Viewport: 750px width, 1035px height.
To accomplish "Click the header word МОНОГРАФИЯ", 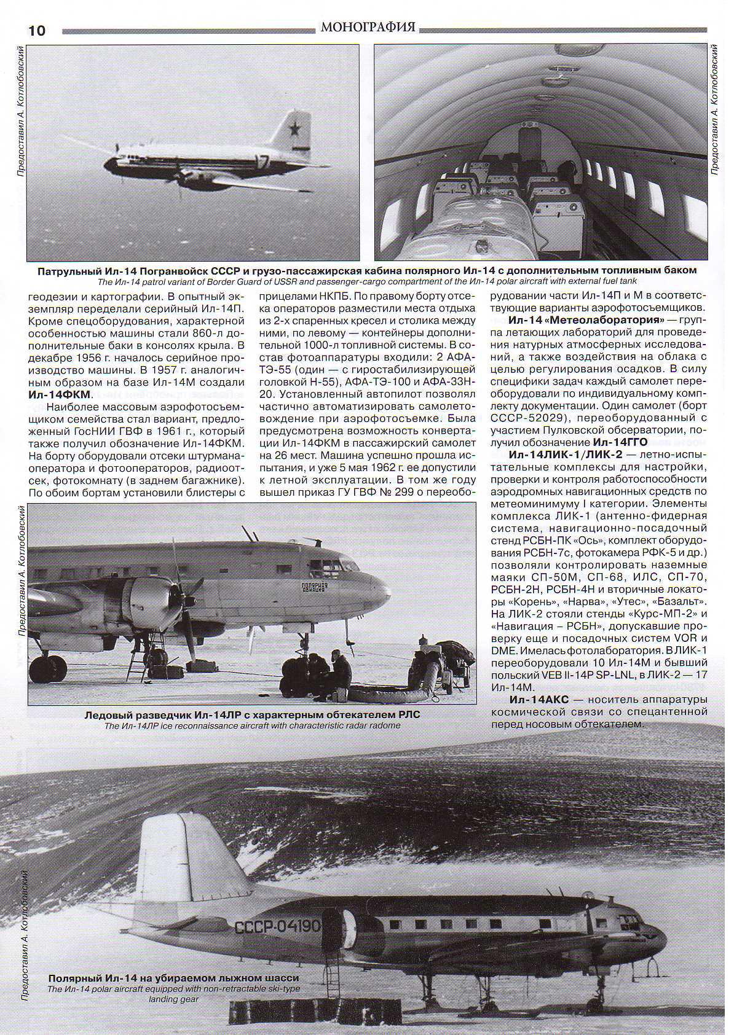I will click(x=368, y=27).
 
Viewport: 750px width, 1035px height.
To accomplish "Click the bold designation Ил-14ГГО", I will click(x=620, y=442).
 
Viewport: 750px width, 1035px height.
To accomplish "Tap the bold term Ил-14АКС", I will click(x=539, y=700).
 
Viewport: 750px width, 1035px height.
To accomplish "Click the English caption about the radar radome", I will click(x=252, y=725).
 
